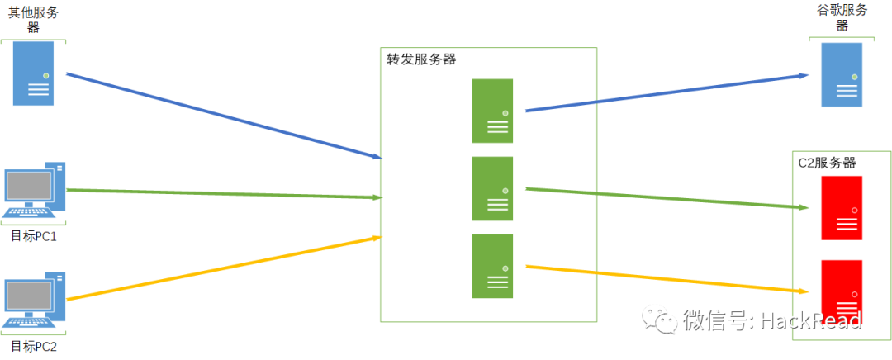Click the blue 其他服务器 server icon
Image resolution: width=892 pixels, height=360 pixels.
34,73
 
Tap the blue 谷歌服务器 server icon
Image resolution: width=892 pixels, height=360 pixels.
842,75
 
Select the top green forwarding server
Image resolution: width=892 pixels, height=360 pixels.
492,111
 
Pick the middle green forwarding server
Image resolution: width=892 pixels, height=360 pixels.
492,188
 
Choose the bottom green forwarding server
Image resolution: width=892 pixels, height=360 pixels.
492,266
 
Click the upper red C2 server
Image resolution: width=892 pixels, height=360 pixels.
842,207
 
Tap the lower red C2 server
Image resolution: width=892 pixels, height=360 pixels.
842,291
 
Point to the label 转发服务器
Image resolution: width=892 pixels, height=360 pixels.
421,59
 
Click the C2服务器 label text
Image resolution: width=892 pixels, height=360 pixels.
827,163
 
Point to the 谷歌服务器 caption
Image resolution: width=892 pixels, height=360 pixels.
842,17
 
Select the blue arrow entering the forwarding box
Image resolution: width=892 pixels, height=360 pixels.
223,115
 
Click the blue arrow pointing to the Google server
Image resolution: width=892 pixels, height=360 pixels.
667,92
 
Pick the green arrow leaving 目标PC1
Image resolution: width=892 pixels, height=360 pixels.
223,193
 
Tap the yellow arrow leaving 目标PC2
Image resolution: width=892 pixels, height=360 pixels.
223,268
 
